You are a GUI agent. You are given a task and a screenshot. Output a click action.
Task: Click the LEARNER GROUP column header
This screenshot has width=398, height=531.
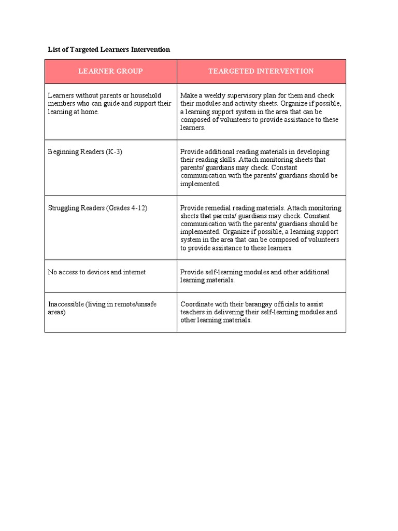click(110, 71)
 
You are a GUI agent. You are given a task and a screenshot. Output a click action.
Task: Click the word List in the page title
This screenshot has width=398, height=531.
click(54, 49)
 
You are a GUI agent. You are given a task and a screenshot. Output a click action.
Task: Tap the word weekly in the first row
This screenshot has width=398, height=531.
click(212, 95)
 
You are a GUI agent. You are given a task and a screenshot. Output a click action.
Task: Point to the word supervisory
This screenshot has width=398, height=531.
click(243, 95)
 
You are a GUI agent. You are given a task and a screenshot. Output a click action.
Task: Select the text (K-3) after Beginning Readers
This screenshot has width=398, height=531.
click(113, 152)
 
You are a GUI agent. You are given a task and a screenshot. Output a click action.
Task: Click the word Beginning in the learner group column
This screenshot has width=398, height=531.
click(64, 152)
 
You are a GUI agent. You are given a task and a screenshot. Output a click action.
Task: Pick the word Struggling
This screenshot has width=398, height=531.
click(64, 208)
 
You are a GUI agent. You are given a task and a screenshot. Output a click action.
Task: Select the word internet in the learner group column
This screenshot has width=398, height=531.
click(135, 272)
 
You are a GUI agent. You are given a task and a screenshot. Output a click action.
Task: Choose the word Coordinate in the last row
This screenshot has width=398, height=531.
click(197, 304)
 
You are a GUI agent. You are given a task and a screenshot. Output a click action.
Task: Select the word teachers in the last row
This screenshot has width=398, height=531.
click(194, 312)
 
